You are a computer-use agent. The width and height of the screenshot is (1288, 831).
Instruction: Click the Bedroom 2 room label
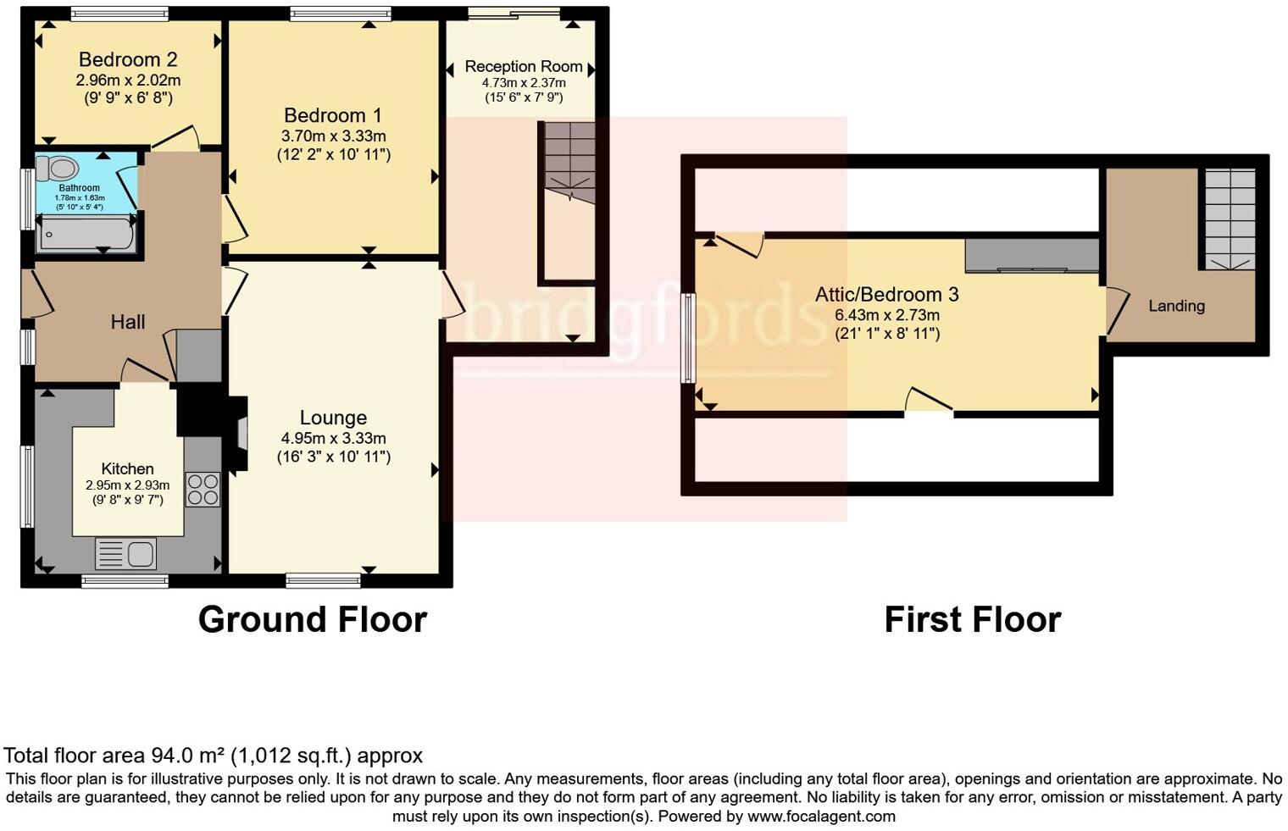[x=128, y=59]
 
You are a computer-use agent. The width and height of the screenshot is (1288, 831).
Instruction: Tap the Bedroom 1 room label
[x=332, y=115]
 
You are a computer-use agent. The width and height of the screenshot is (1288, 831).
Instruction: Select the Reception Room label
[x=524, y=66]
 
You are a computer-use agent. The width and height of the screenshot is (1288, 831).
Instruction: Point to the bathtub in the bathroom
[x=86, y=234]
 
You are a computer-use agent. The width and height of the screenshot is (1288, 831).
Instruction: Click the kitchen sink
[x=126, y=554]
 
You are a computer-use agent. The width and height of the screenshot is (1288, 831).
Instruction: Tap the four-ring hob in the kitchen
[x=203, y=489]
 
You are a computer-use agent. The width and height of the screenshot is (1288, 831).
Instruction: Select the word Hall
[x=128, y=322]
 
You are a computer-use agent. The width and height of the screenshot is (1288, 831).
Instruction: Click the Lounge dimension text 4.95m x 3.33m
[x=333, y=438]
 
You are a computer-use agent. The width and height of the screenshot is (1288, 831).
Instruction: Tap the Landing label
[x=1176, y=306]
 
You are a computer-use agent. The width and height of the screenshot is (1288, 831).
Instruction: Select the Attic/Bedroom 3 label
[x=886, y=294]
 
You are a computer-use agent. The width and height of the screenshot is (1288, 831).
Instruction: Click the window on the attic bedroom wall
[x=689, y=338]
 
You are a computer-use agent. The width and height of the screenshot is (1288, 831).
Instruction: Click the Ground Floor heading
[x=312, y=619]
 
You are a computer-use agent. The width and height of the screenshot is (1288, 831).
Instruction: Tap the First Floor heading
[x=972, y=619]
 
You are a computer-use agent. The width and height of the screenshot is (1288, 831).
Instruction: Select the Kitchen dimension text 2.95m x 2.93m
[x=127, y=485]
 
